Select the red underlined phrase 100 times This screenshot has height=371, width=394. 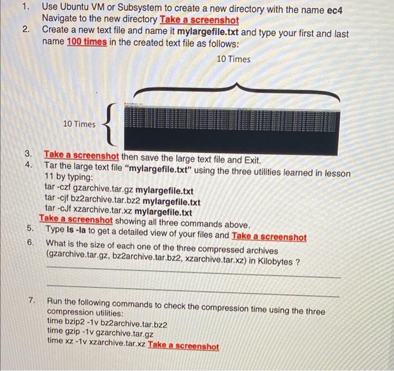point(87,42)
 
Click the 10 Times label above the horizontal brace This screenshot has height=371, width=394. point(233,59)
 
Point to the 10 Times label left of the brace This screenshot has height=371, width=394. point(79,124)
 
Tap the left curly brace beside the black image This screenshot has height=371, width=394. point(110,124)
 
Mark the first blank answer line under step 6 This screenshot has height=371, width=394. point(193,277)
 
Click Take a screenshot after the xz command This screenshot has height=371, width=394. point(183,346)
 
